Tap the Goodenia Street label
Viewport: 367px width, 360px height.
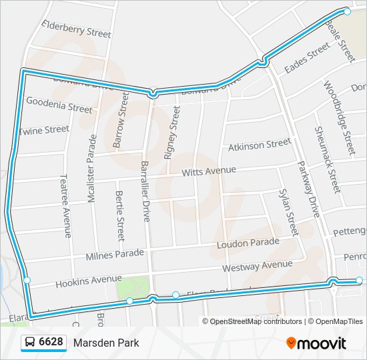pos(59,104)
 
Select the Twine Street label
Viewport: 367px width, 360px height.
pos(44,130)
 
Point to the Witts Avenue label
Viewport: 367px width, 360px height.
pos(209,171)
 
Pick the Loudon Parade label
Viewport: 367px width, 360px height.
pos(248,243)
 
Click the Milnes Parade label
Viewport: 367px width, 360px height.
pos(114,255)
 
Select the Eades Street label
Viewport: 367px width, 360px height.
pos(307,59)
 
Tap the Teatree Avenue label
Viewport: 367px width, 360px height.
pos(65,206)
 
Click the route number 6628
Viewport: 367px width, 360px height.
pos(51,343)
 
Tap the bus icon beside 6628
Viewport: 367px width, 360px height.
pos(30,343)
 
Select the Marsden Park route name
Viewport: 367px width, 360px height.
pos(107,343)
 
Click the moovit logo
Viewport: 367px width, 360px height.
pos(316,343)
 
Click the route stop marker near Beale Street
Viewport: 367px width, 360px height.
pos(347,11)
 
